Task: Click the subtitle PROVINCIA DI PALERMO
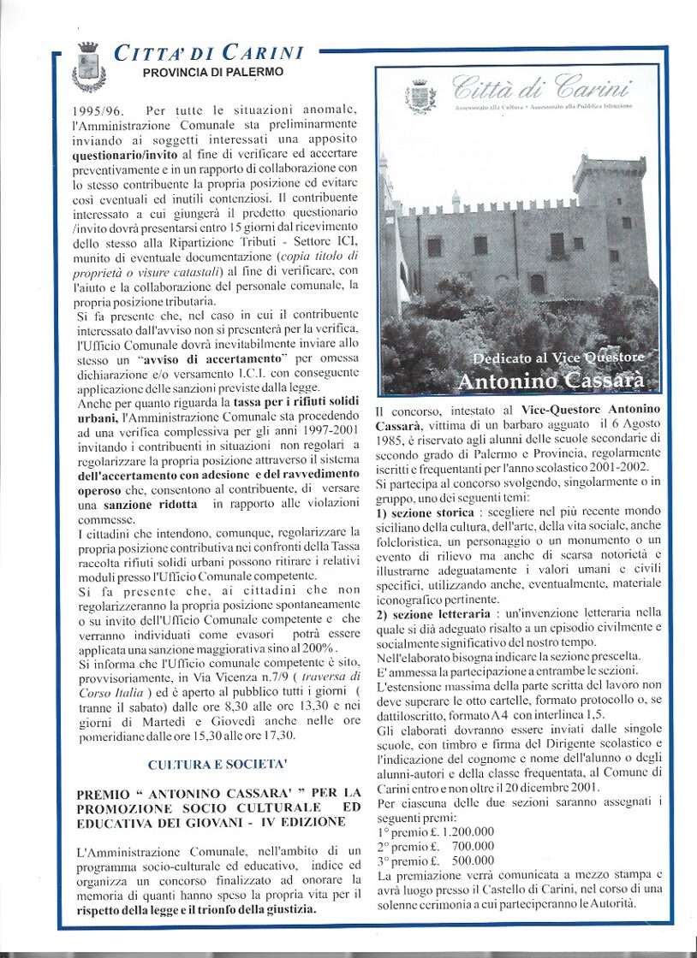213,73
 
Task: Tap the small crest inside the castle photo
420,96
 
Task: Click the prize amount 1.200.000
459,831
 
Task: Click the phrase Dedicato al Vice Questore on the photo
558,356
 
